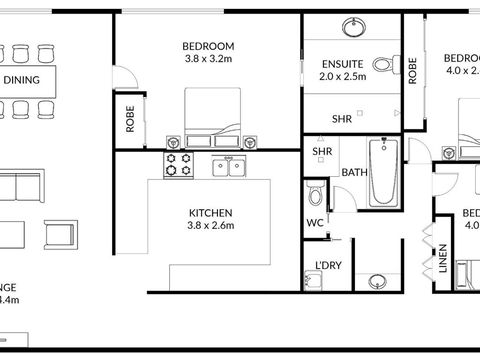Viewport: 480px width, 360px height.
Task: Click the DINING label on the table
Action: tap(21, 80)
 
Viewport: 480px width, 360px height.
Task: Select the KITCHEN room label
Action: tap(211, 213)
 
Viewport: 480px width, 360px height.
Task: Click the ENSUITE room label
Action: tap(341, 62)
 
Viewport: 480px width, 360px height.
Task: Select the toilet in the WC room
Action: tap(316, 194)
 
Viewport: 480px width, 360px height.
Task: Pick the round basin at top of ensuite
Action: tap(353, 26)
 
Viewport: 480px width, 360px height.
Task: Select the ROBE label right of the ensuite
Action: tap(412, 69)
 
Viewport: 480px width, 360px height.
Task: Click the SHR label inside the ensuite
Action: tap(342, 117)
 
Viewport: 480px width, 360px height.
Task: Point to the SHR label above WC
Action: tap(321, 152)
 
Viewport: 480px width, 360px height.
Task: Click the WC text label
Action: tap(313, 222)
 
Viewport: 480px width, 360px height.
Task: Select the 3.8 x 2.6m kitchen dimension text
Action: tap(211, 226)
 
